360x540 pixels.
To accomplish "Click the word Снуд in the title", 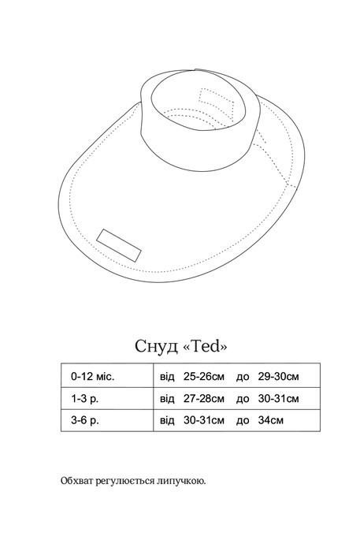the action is click(x=156, y=346).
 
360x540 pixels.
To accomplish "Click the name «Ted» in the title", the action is click(x=205, y=346).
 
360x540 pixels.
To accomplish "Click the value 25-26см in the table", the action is click(x=204, y=376).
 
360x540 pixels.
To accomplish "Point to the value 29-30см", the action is click(x=278, y=376).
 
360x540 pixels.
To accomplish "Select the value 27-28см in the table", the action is click(x=204, y=399).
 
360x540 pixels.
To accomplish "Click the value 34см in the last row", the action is click(x=271, y=420).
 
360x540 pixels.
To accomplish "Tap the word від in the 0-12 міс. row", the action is click(x=167, y=377).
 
